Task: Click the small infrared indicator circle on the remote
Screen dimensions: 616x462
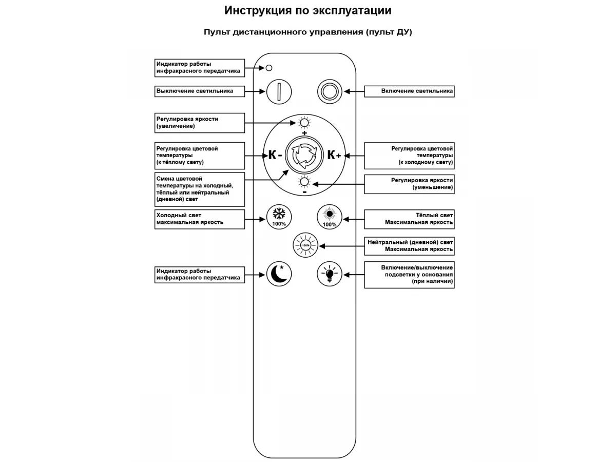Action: tap(269, 68)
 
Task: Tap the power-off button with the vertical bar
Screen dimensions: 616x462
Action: tap(279, 92)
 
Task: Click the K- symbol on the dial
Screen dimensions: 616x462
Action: tap(275, 155)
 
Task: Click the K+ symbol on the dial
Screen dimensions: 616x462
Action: tap(334, 155)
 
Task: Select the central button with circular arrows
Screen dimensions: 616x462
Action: tap(304, 155)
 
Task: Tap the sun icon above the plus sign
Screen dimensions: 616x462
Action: tap(304, 123)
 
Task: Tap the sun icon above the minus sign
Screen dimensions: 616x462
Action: tap(304, 182)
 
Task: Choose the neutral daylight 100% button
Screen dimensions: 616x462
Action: tap(305, 245)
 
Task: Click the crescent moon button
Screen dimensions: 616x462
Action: tap(279, 274)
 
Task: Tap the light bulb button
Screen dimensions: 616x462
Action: tap(330, 274)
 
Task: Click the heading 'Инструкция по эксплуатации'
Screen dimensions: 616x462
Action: tap(308, 11)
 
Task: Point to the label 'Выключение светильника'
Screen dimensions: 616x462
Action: tap(195, 91)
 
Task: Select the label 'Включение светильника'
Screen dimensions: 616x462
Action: tap(417, 91)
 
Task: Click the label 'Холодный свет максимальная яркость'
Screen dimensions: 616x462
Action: tap(190, 219)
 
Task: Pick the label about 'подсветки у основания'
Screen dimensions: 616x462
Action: tap(417, 274)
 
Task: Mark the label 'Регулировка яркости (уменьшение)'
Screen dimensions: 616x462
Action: tap(422, 184)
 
